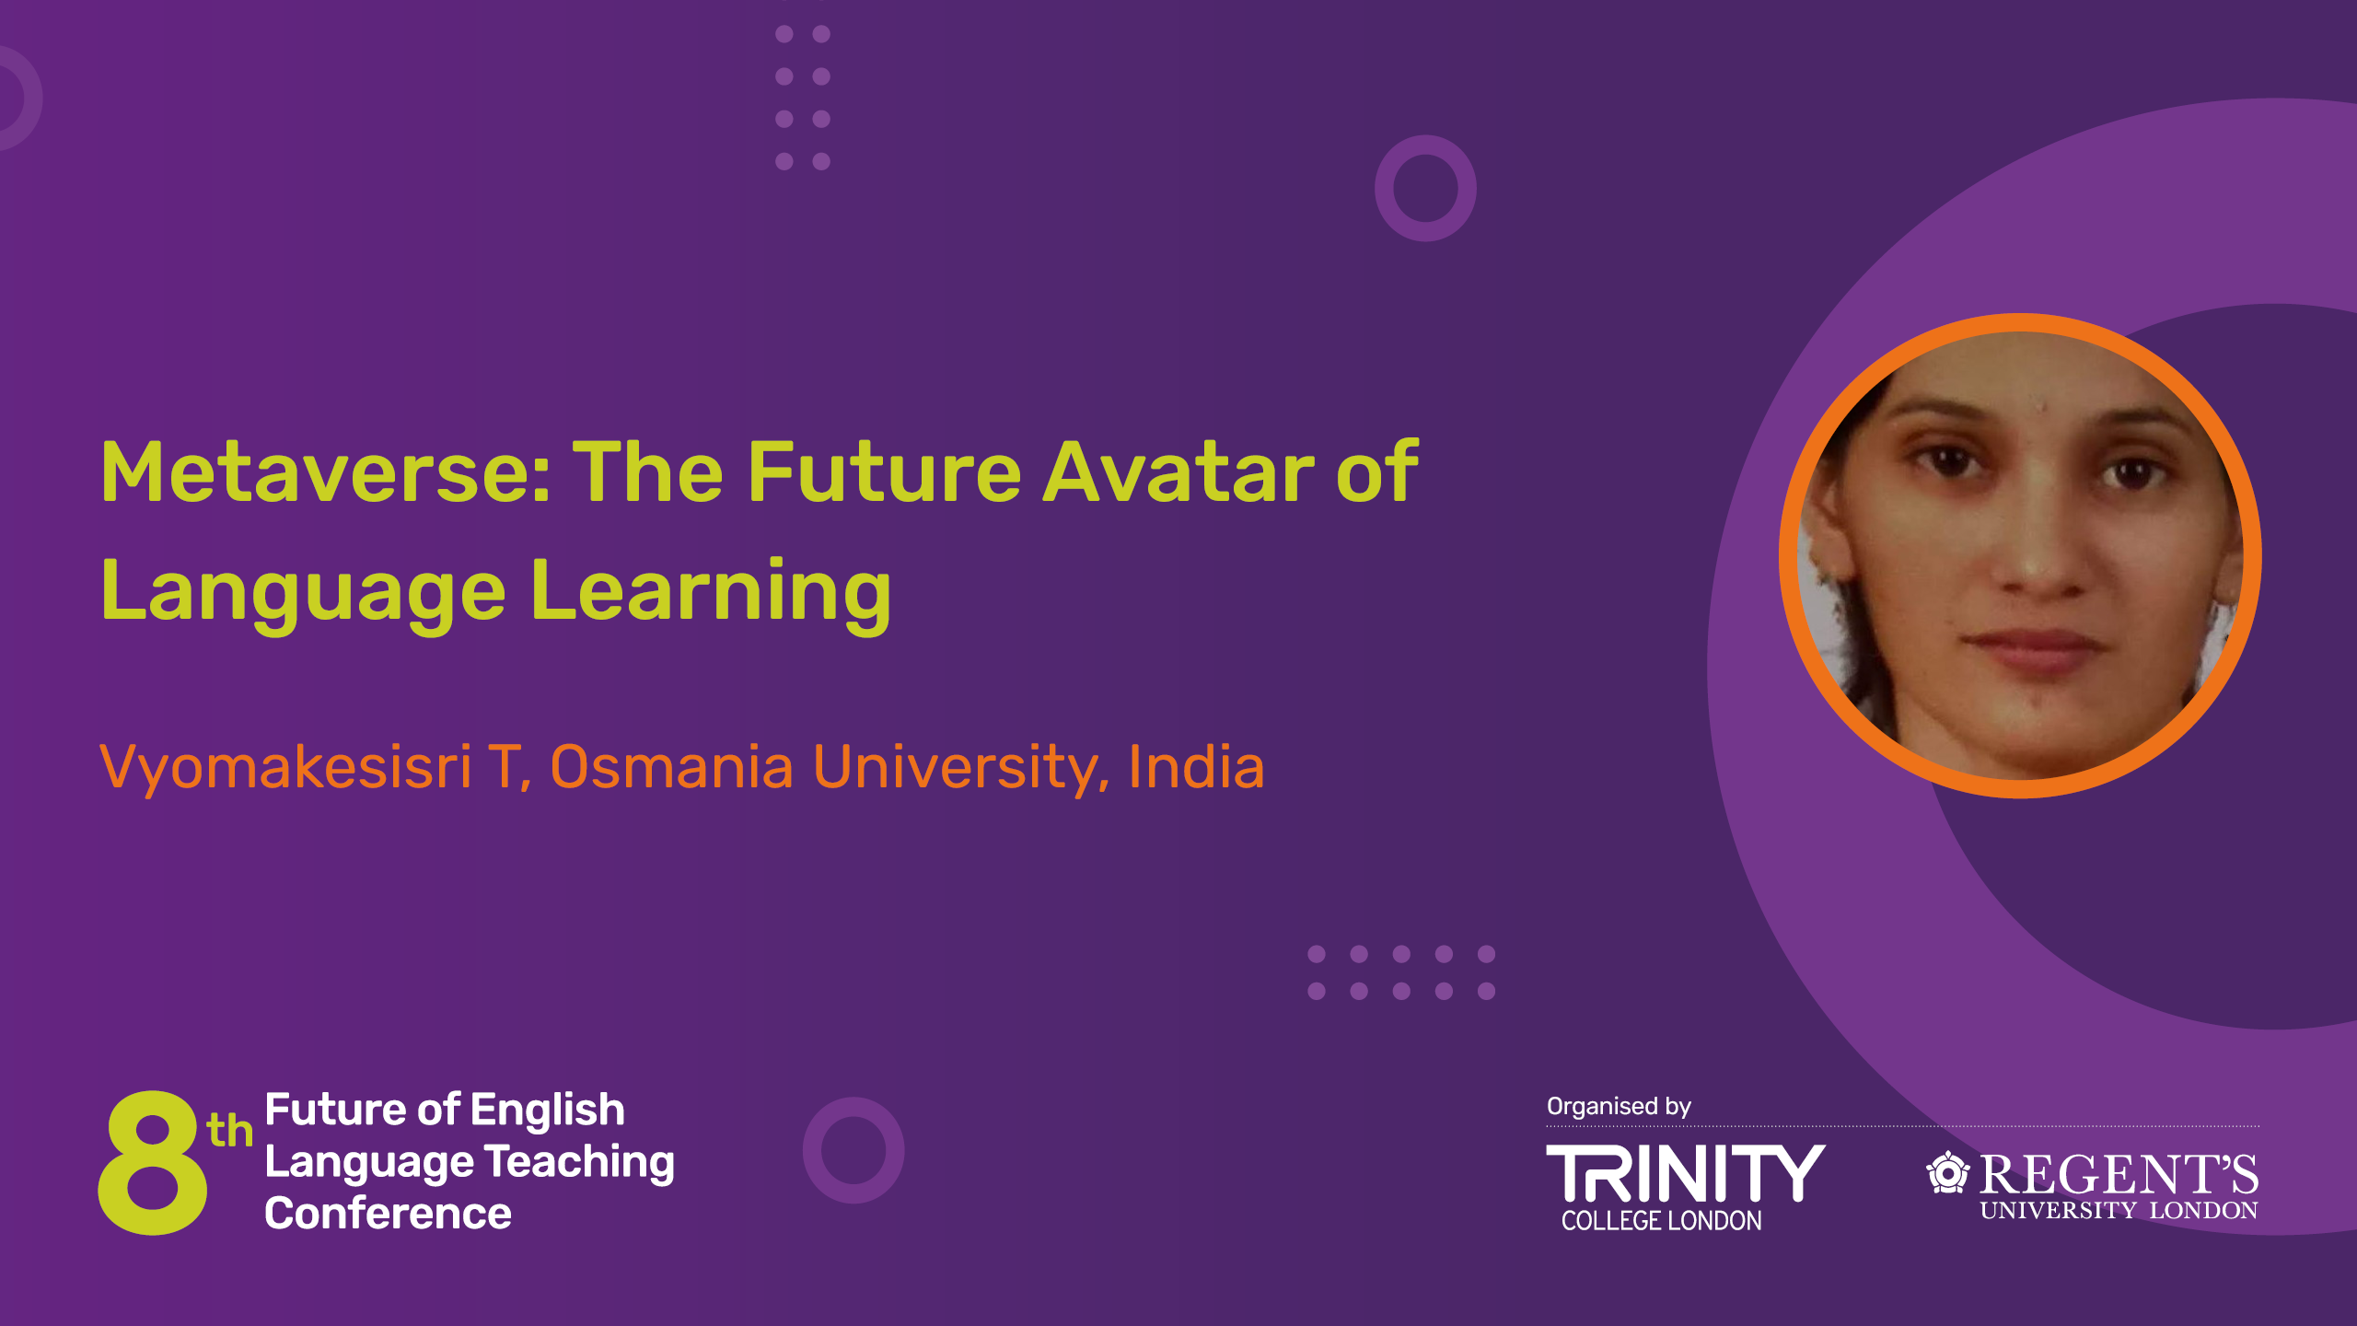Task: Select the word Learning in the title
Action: pyautogui.click(x=711, y=594)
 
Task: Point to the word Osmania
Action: pyautogui.click(x=671, y=766)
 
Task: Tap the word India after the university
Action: pyautogui.click(x=1196, y=766)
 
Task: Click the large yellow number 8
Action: pyautogui.click(x=153, y=1162)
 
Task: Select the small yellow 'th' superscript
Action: pyautogui.click(x=229, y=1130)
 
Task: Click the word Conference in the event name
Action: pyautogui.click(x=388, y=1214)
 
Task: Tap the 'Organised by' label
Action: pyautogui.click(x=1619, y=1107)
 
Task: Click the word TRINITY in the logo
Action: pyautogui.click(x=1685, y=1173)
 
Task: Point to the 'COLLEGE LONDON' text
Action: pyautogui.click(x=1662, y=1221)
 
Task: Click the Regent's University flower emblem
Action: pyautogui.click(x=1948, y=1172)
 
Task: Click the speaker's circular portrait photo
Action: pyautogui.click(x=2020, y=555)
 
